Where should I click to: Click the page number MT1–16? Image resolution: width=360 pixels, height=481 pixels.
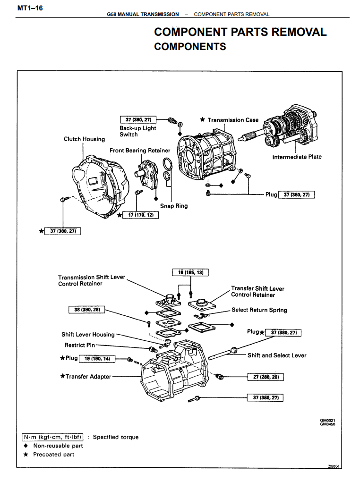30,8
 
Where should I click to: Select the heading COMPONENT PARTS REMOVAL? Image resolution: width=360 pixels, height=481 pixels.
240,32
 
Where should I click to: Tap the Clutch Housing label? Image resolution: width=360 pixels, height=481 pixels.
85,139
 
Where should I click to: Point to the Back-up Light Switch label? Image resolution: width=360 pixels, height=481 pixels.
137,131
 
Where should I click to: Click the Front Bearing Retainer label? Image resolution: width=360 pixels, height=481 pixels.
140,151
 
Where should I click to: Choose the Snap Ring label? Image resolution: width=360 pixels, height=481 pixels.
174,206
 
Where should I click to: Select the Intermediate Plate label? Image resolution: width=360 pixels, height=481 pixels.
297,157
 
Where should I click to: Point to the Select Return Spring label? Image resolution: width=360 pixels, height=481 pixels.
259,310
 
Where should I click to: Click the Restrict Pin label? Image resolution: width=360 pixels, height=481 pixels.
79,345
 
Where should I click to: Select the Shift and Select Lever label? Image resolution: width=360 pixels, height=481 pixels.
277,355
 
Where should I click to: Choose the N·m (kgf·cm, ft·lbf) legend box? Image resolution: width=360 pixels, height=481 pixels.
53,437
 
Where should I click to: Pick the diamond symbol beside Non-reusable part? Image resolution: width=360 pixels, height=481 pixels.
26,446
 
